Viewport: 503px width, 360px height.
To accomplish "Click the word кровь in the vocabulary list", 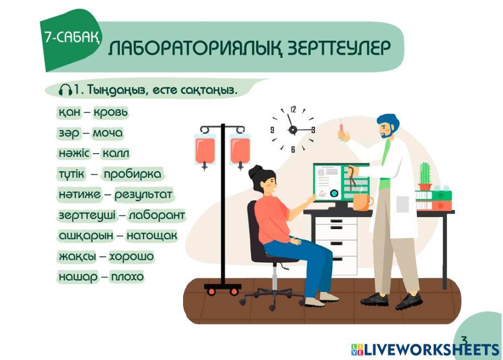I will coord(111,112).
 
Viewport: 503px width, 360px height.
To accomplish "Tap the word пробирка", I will coord(133,174).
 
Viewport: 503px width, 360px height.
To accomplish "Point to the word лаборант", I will coord(156,215).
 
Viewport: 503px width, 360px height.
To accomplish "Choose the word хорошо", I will coord(131,257).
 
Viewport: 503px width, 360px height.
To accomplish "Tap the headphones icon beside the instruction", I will coord(65,90).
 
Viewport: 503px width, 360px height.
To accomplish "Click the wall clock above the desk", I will coord(293,129).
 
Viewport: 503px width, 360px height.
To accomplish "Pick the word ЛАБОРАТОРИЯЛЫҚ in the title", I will coord(195,49).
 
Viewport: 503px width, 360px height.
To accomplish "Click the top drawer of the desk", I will coord(336,223).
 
